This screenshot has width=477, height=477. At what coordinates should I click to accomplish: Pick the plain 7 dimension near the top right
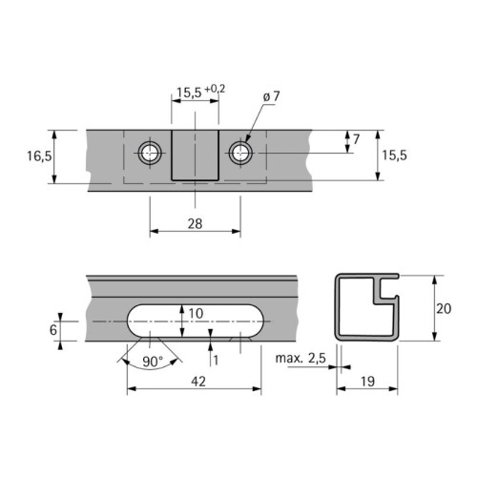coord(356,140)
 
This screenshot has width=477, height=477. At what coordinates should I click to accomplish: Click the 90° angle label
coord(151,362)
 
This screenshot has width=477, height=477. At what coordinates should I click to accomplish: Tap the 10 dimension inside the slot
coord(196,313)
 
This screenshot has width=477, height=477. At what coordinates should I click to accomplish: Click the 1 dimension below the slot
coord(217,359)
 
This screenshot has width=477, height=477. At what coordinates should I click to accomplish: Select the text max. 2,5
coord(299,359)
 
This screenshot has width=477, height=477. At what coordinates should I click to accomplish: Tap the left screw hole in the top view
coord(149,152)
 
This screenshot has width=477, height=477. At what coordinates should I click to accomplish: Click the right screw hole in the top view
coord(239,152)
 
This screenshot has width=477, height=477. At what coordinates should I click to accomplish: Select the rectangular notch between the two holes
coord(195,156)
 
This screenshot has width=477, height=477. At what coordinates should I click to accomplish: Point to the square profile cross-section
coord(367,307)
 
